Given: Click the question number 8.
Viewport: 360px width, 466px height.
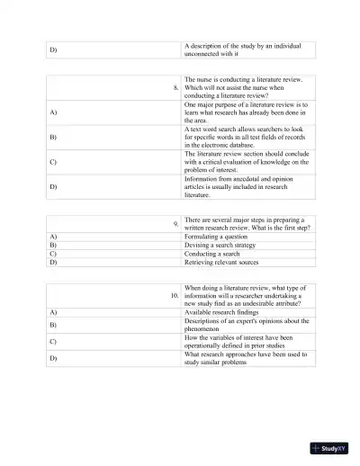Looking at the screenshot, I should [176, 87].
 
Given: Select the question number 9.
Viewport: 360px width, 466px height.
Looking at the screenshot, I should [176, 222].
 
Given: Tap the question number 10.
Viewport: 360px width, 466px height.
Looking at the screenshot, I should [174, 294].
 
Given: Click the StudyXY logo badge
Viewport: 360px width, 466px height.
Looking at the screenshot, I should [329, 447].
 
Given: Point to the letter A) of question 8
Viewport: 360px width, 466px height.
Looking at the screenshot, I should [53, 113].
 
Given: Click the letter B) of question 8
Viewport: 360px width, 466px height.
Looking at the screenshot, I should [53, 138].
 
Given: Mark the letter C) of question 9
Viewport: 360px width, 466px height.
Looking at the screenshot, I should [53, 254].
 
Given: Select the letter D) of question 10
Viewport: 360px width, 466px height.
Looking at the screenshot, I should [53, 358].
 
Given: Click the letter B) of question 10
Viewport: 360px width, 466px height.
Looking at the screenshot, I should [53, 324].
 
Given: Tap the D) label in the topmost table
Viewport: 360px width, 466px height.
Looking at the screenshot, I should [53, 49].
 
